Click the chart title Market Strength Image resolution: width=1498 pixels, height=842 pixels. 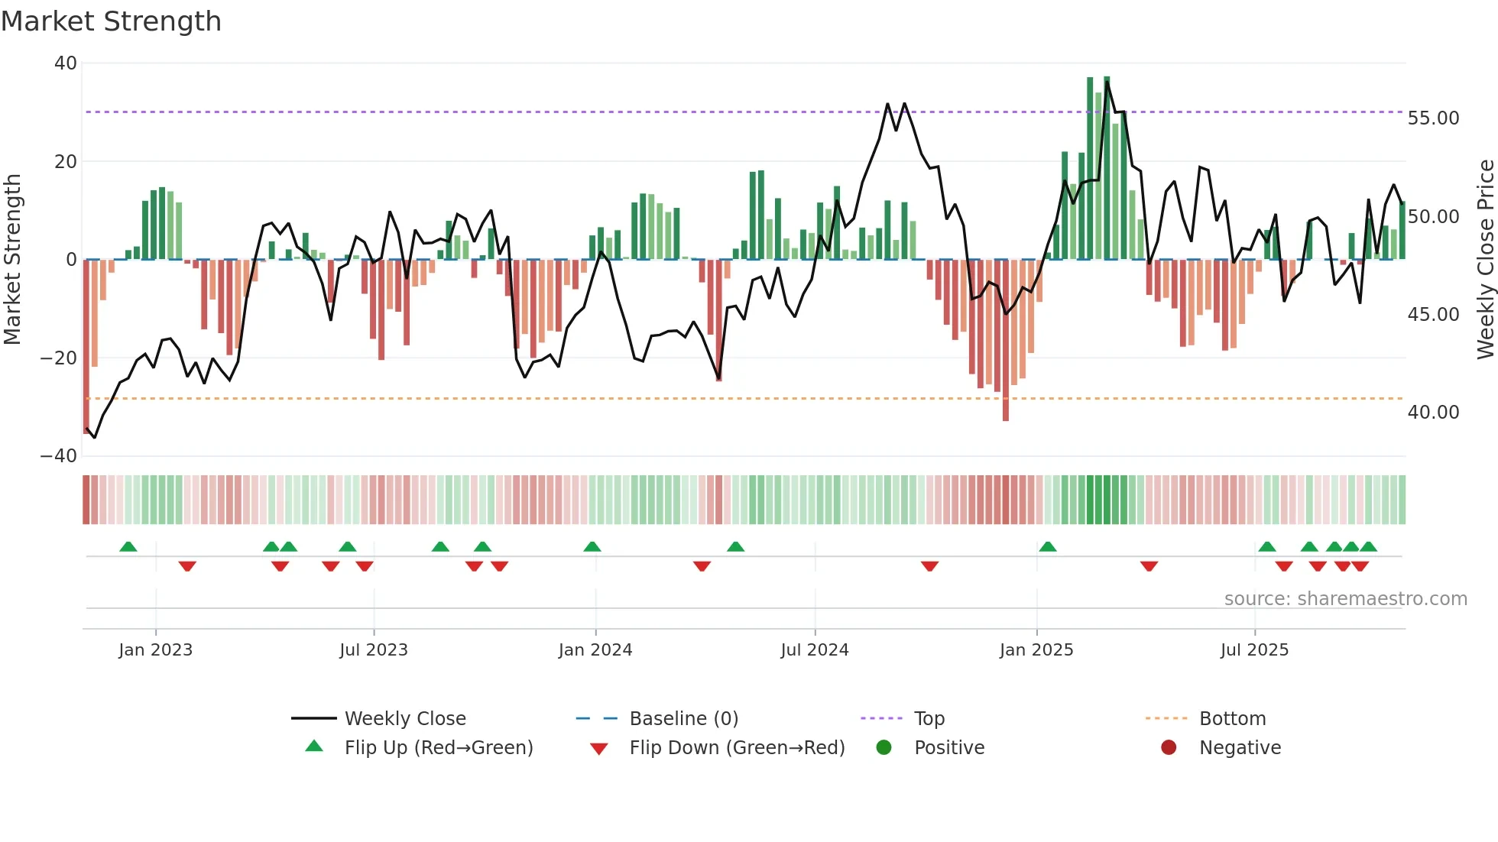click(111, 21)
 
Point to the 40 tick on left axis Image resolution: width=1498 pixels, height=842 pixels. click(66, 63)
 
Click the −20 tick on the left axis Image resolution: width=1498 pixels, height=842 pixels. click(59, 358)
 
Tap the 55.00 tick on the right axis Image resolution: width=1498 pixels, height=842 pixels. click(1433, 118)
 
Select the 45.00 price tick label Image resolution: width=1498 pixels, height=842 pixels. click(1433, 315)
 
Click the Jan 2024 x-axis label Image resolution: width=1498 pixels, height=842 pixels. click(595, 650)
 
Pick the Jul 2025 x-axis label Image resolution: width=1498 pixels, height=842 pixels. click(1254, 650)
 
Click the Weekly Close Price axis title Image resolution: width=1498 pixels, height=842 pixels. click(1485, 260)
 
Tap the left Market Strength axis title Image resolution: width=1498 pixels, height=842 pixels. click(13, 260)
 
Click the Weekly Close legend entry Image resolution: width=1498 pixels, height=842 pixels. click(404, 719)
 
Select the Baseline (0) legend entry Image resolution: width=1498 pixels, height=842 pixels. click(683, 719)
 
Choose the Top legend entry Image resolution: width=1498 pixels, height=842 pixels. click(929, 719)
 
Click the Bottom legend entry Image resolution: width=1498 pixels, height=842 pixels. click(1232, 719)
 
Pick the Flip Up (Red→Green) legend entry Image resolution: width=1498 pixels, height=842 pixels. click(438, 748)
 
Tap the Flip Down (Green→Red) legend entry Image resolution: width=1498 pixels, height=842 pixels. click(737, 748)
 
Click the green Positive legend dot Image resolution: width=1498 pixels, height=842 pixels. click(884, 748)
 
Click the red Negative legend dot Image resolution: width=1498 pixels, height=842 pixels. click(1169, 748)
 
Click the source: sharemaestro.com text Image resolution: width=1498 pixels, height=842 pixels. click(1345, 599)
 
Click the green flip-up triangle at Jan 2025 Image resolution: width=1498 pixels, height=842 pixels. click(1048, 547)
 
